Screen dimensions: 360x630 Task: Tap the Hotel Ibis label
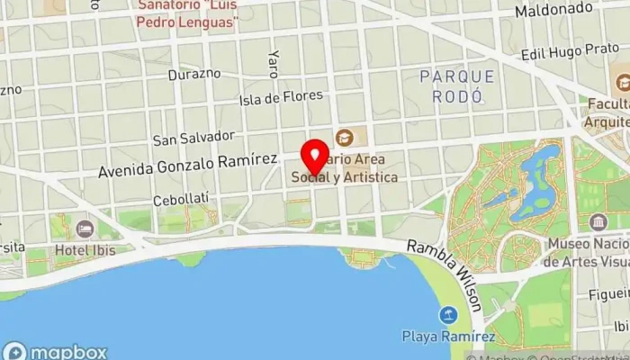(x=85, y=249)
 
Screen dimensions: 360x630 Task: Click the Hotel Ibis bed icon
(x=85, y=229)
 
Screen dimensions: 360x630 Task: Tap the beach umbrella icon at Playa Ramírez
(x=446, y=315)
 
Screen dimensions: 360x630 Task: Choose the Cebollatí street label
(x=180, y=199)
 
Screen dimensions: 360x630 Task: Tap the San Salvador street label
(x=193, y=138)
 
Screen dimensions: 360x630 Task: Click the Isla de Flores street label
(x=281, y=98)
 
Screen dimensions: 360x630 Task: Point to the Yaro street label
(x=273, y=63)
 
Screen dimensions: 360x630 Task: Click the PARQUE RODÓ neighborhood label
(x=457, y=86)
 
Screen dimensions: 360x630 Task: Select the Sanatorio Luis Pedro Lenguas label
(x=187, y=13)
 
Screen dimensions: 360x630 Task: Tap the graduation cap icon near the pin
(x=344, y=138)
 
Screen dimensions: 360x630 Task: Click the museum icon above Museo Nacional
(x=598, y=222)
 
